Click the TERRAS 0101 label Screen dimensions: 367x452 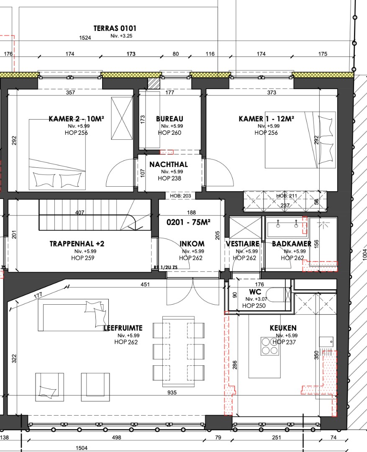115,28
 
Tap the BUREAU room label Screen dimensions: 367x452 169,119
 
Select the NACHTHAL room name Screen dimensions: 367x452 169,164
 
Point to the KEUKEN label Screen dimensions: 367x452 283,328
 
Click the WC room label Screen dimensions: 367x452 255,292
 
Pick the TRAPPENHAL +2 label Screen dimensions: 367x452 77,244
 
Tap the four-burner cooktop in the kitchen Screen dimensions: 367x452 270,346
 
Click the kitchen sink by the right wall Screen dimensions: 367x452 326,342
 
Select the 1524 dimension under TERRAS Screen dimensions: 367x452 85,38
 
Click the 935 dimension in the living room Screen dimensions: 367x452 172,392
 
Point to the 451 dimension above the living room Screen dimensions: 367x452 145,285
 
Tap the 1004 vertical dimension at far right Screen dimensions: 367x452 364,255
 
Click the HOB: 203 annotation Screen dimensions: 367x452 180,196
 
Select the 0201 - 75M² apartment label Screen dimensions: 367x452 188,222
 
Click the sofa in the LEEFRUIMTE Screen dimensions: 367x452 73,315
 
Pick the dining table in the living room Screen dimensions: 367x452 179,352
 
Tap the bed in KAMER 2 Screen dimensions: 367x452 57,154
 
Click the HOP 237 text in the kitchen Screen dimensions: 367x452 284,342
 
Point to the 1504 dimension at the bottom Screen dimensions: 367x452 82,448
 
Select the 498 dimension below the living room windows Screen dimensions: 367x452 116,437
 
